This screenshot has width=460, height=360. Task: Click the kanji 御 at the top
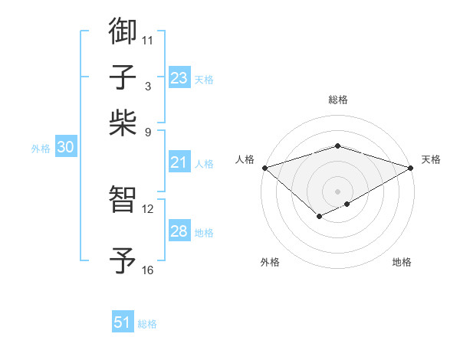(123, 31)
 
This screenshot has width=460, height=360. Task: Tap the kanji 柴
(123, 120)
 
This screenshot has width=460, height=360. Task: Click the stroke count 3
(147, 86)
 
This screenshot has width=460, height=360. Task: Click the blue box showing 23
(179, 78)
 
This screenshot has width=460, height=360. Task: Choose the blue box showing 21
(179, 162)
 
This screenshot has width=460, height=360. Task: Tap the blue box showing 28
(179, 231)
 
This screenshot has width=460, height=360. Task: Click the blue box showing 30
(65, 148)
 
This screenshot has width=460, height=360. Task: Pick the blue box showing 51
(123, 322)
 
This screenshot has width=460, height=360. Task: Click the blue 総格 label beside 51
(147, 324)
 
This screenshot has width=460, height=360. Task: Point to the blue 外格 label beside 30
(40, 149)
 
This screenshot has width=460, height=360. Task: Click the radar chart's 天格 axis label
(431, 159)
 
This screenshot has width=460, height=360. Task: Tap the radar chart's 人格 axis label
(245, 159)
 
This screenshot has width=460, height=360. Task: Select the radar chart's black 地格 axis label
(402, 262)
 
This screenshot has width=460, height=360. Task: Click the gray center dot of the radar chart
(337, 191)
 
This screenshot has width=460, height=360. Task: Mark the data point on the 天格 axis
(411, 167)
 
